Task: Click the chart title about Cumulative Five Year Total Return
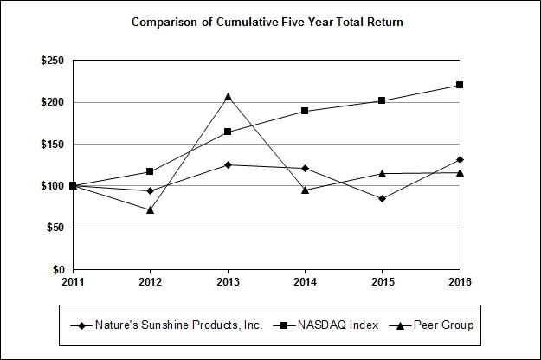(x=267, y=21)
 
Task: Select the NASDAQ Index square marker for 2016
(x=460, y=85)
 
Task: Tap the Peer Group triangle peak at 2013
(x=228, y=96)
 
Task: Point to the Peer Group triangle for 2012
(x=151, y=209)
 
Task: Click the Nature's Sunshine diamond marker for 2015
(x=382, y=198)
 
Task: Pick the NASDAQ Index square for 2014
(x=305, y=111)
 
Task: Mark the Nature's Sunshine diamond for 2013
(x=228, y=164)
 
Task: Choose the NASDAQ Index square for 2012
(x=151, y=171)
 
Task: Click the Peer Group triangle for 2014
(x=305, y=190)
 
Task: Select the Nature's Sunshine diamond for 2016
(x=460, y=159)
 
